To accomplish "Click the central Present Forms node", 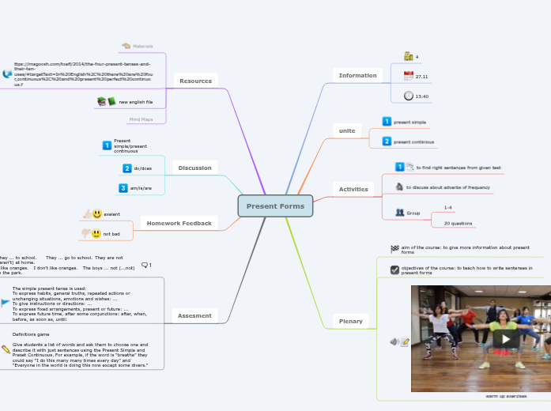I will pyautogui.click(x=275, y=205).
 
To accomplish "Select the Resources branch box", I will pyautogui.click(x=195, y=81).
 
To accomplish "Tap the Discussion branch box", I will pyautogui.click(x=194, y=168).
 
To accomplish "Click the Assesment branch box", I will pyautogui.click(x=194, y=315).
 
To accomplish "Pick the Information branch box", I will pyautogui.click(x=357, y=75).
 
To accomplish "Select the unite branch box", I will pyautogui.click(x=346, y=130).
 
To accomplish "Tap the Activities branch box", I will pyautogui.click(x=353, y=189).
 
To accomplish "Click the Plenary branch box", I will pyautogui.click(x=350, y=321).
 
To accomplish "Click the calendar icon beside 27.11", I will pyautogui.click(x=408, y=76).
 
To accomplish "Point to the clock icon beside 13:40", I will pyautogui.click(x=408, y=96).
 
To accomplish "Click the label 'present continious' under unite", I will pyautogui.click(x=413, y=141).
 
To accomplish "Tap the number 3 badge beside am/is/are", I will pyautogui.click(x=123, y=187).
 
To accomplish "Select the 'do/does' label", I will pyautogui.click(x=142, y=168).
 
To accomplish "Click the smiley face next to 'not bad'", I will pyautogui.click(x=96, y=233).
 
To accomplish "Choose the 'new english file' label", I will pyautogui.click(x=136, y=102).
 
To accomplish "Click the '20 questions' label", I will pyautogui.click(x=458, y=224).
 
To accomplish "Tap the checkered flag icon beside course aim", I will pyautogui.click(x=394, y=248).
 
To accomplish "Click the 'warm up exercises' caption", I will pyautogui.click(x=506, y=395).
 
